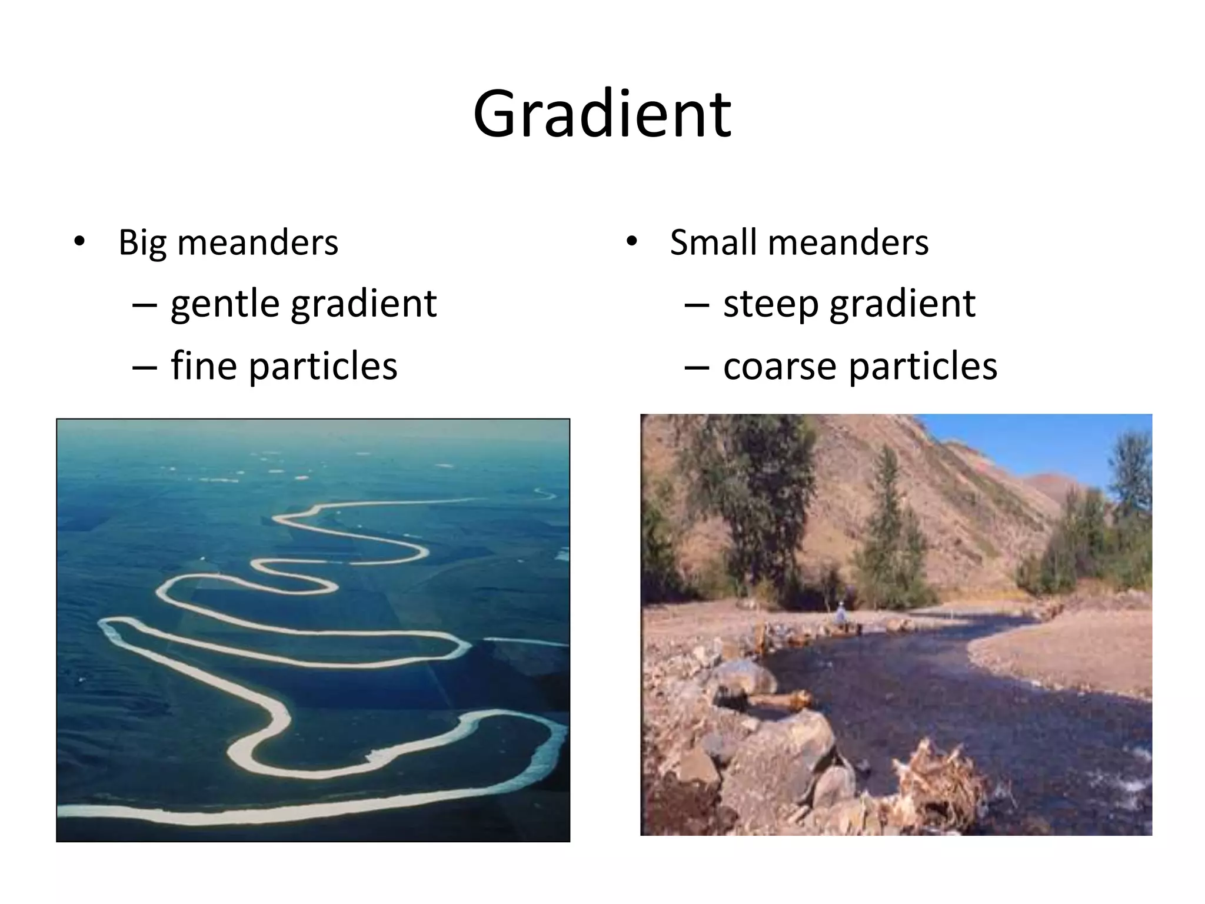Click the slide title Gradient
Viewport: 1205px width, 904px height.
[x=602, y=114]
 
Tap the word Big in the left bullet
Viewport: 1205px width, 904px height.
[x=142, y=243]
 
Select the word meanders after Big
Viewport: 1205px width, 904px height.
[x=258, y=242]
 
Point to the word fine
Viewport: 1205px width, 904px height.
[x=204, y=365]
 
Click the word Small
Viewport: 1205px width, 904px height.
[x=713, y=242]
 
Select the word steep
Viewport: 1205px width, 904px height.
[x=770, y=305]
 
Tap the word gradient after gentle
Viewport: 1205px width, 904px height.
[x=364, y=305]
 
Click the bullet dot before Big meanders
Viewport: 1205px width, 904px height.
[x=79, y=241]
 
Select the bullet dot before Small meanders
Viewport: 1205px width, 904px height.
[x=631, y=241]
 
